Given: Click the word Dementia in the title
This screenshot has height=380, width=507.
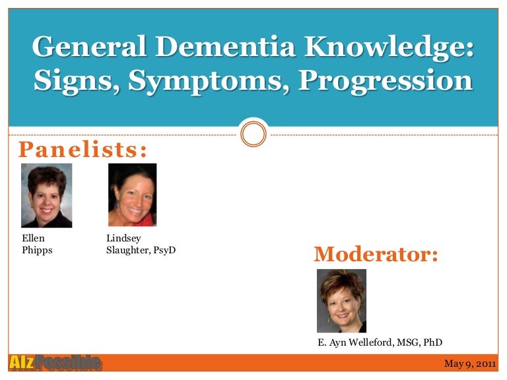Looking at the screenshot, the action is [x=225, y=47].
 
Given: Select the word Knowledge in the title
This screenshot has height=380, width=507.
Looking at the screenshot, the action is [x=389, y=47].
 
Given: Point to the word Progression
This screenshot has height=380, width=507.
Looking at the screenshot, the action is [x=386, y=81].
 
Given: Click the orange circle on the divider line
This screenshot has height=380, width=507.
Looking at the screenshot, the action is [x=253, y=133].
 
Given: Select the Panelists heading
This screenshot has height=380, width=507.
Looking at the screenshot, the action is [x=83, y=150].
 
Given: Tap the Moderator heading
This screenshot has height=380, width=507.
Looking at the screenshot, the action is [x=376, y=254].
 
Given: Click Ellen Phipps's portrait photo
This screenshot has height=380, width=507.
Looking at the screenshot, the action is [x=47, y=195].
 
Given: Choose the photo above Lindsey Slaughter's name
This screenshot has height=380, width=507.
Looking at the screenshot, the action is [x=132, y=195].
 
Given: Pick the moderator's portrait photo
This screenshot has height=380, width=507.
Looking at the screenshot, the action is [x=341, y=301].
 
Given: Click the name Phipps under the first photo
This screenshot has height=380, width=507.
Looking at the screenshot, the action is [x=37, y=251].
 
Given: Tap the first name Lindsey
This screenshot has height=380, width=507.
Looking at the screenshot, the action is [x=123, y=238].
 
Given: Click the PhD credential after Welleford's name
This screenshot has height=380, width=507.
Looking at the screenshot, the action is [x=433, y=342].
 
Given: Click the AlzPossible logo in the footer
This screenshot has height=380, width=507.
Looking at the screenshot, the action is [x=55, y=363].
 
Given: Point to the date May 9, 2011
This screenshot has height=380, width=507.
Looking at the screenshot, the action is [x=470, y=364].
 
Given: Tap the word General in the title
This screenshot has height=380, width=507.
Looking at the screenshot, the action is [x=89, y=47].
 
